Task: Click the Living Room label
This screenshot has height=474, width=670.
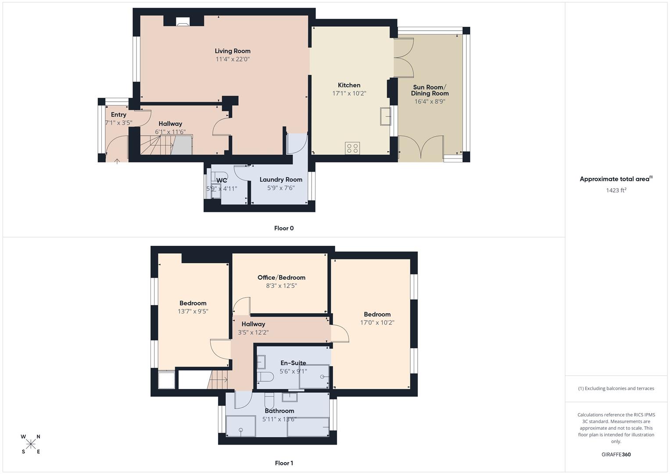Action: pyautogui.click(x=233, y=51)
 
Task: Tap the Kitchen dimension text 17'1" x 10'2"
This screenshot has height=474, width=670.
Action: pyautogui.click(x=349, y=93)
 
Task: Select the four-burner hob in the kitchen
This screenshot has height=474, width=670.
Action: pyautogui.click(x=352, y=148)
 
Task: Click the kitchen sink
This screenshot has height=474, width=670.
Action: pyautogui.click(x=385, y=116)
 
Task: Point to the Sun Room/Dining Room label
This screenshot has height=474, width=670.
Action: pyautogui.click(x=430, y=90)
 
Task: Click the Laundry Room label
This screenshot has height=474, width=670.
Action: pyautogui.click(x=281, y=180)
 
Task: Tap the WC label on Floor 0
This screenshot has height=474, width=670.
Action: pyautogui.click(x=222, y=180)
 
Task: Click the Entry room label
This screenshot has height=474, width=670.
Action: pyautogui.click(x=118, y=115)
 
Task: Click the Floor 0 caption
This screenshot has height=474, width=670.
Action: pyautogui.click(x=284, y=228)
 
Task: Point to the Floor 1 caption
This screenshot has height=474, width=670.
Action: pyautogui.click(x=284, y=463)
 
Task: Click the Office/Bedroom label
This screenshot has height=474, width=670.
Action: pyautogui.click(x=281, y=277)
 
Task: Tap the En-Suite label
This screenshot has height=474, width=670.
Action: pyautogui.click(x=293, y=363)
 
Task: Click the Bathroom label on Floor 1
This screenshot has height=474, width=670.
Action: pyautogui.click(x=279, y=411)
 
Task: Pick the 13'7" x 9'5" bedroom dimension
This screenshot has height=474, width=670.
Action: pyautogui.click(x=193, y=312)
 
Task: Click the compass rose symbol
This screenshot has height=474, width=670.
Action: pyautogui.click(x=31, y=444)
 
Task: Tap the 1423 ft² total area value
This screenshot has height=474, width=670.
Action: pyautogui.click(x=616, y=190)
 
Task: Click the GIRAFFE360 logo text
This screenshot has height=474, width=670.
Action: pyautogui.click(x=616, y=455)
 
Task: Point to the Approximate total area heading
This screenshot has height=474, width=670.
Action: pyautogui.click(x=616, y=179)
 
